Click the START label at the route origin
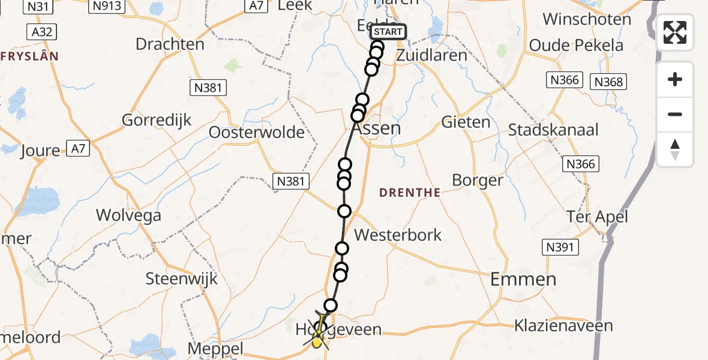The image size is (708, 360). pyautogui.click(x=388, y=32)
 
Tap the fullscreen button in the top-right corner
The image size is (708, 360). pyautogui.click(x=675, y=32)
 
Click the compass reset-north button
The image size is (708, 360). pyautogui.click(x=675, y=149)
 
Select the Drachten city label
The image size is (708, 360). pyautogui.click(x=170, y=44)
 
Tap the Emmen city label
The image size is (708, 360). pyautogui.click(x=523, y=278)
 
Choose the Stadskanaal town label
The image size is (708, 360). pyautogui.click(x=553, y=130)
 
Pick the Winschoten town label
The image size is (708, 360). pyautogui.click(x=587, y=19)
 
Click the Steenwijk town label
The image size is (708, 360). pyautogui.click(x=182, y=278)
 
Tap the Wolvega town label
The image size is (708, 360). pyautogui.click(x=128, y=215)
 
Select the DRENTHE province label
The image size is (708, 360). pyautogui.click(x=410, y=193)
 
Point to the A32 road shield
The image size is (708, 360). pyautogui.click(x=41, y=32)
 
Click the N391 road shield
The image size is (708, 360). pyautogui.click(x=560, y=247)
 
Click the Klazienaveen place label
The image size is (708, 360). pyautogui.click(x=563, y=326)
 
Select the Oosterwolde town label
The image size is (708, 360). pyautogui.click(x=256, y=133)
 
